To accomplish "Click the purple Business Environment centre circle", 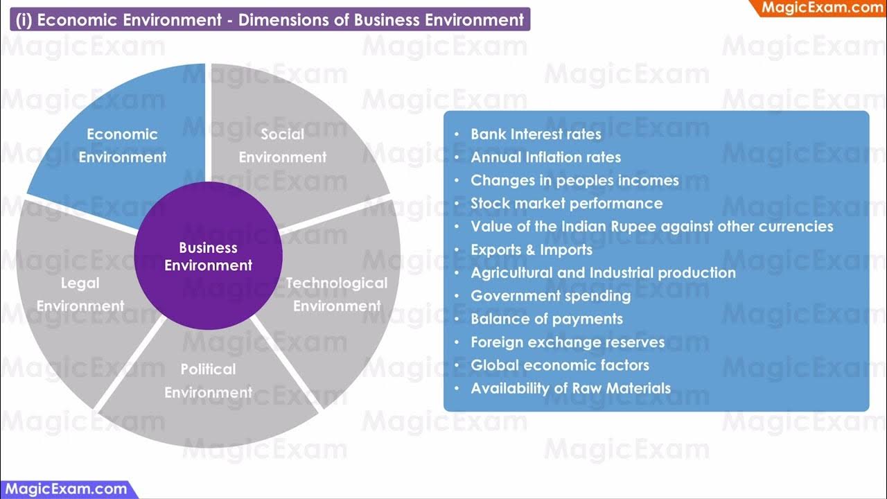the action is coord(208,256).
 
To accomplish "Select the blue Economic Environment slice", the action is coord(123,146).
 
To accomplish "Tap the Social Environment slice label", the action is coord(283,146).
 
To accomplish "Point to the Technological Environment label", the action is coord(337,294).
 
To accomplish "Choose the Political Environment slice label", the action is coord(208,380).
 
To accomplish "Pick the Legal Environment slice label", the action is coord(80,294).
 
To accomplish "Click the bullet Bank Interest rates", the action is coord(536,134).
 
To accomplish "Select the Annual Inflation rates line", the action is coord(545,157).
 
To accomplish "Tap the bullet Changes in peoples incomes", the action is coord(574,180).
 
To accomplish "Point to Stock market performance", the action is coord(566,204).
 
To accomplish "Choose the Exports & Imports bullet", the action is coord(532,249).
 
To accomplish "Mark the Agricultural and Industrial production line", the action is coord(603,273).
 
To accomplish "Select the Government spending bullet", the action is coord(550,296).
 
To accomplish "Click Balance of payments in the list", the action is coord(547,319).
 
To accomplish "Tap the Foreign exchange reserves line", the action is coord(568,342).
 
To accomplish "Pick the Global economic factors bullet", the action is coord(560,365).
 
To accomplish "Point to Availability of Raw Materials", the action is coord(570,388).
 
